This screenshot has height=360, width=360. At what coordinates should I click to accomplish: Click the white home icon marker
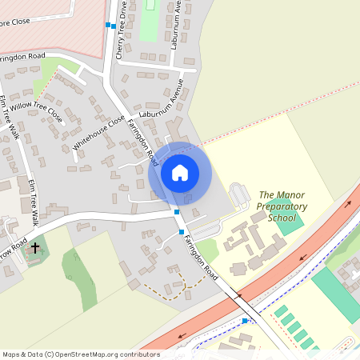point(180,172)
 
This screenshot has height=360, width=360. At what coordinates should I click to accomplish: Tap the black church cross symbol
point(34,249)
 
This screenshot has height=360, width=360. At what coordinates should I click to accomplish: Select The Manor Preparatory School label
point(276,206)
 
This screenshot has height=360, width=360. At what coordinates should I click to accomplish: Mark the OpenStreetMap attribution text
point(81,354)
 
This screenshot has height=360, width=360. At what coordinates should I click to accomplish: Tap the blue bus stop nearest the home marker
point(177,211)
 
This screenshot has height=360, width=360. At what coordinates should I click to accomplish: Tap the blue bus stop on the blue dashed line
point(245,321)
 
